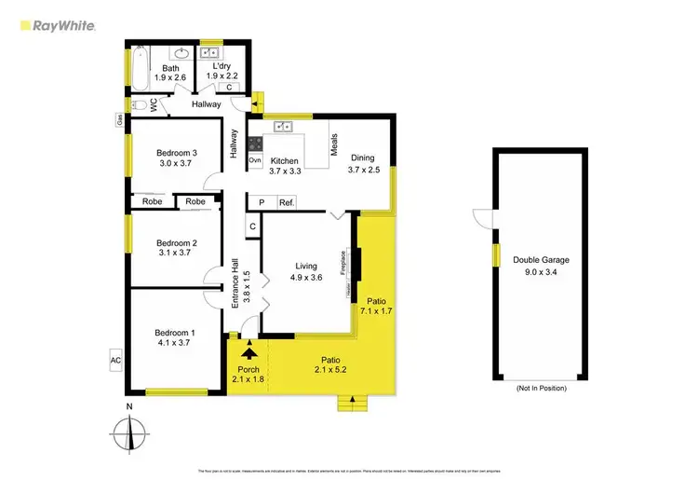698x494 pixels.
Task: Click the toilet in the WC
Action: click(x=139, y=104)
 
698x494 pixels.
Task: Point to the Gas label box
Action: click(x=119, y=119)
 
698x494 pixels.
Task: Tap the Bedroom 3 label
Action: click(x=176, y=153)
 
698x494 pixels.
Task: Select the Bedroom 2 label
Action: click(x=176, y=244)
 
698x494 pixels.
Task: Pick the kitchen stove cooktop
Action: click(x=255, y=144)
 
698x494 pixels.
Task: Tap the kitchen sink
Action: click(x=284, y=124)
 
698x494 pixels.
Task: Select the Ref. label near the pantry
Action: click(x=287, y=202)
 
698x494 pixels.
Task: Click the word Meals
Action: click(x=333, y=144)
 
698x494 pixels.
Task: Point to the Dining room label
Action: click(x=362, y=158)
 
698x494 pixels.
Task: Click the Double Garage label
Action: click(x=541, y=260)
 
